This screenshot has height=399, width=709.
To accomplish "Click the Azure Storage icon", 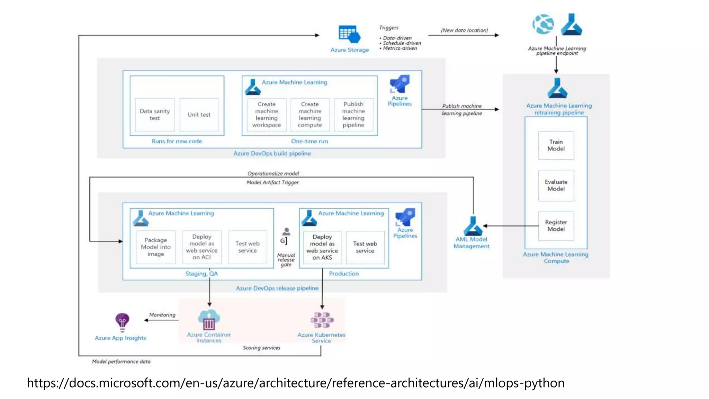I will [349, 34].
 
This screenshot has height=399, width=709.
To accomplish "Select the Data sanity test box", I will [155, 115].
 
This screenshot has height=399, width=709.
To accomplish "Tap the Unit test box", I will [199, 115].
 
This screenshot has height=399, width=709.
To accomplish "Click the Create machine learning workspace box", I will [267, 115].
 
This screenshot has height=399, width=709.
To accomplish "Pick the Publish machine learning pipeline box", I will [353, 115].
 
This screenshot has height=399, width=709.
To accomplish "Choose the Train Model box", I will [556, 145].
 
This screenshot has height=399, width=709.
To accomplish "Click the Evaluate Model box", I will [556, 185].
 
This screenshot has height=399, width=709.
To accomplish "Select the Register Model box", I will [556, 225].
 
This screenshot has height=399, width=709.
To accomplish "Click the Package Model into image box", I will [156, 247].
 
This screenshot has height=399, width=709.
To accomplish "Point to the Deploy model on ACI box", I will [201, 247].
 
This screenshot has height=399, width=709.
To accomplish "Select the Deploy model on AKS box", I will [322, 247].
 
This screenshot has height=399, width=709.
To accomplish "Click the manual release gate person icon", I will [286, 232].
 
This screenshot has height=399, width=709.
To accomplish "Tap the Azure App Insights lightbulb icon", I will [122, 321].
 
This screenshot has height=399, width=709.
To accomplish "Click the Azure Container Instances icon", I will [209, 320].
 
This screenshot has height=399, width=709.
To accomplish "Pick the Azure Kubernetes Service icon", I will [322, 320].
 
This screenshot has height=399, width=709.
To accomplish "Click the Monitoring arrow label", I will [162, 315].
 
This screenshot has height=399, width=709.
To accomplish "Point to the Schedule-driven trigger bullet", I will [402, 43].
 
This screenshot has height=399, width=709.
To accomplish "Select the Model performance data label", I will [121, 362].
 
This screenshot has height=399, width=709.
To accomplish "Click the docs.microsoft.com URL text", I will [296, 383].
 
